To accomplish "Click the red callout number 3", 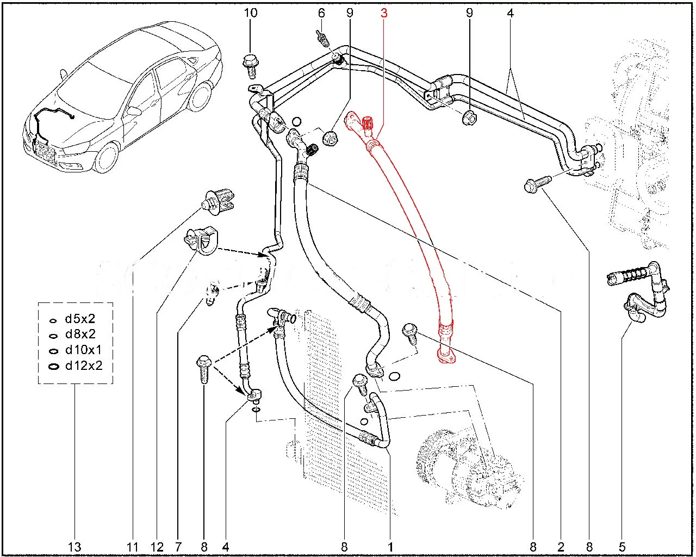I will pyautogui.click(x=384, y=13).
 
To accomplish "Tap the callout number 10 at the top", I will pyautogui.click(x=250, y=13).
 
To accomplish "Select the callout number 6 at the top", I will pyautogui.click(x=321, y=13).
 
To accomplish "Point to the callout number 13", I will pyautogui.click(x=74, y=546).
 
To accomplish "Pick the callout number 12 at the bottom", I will pyautogui.click(x=158, y=546).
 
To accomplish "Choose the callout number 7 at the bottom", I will pyautogui.click(x=179, y=546).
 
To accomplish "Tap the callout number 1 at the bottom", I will pyautogui.click(x=390, y=546).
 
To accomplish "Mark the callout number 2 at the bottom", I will pyautogui.click(x=561, y=546).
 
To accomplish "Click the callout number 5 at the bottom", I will pyautogui.click(x=622, y=546).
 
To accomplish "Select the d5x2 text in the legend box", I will pyautogui.click(x=80, y=320).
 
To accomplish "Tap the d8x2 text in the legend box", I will pyautogui.click(x=80, y=335).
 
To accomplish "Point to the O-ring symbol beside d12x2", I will pyautogui.click(x=53, y=366).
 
